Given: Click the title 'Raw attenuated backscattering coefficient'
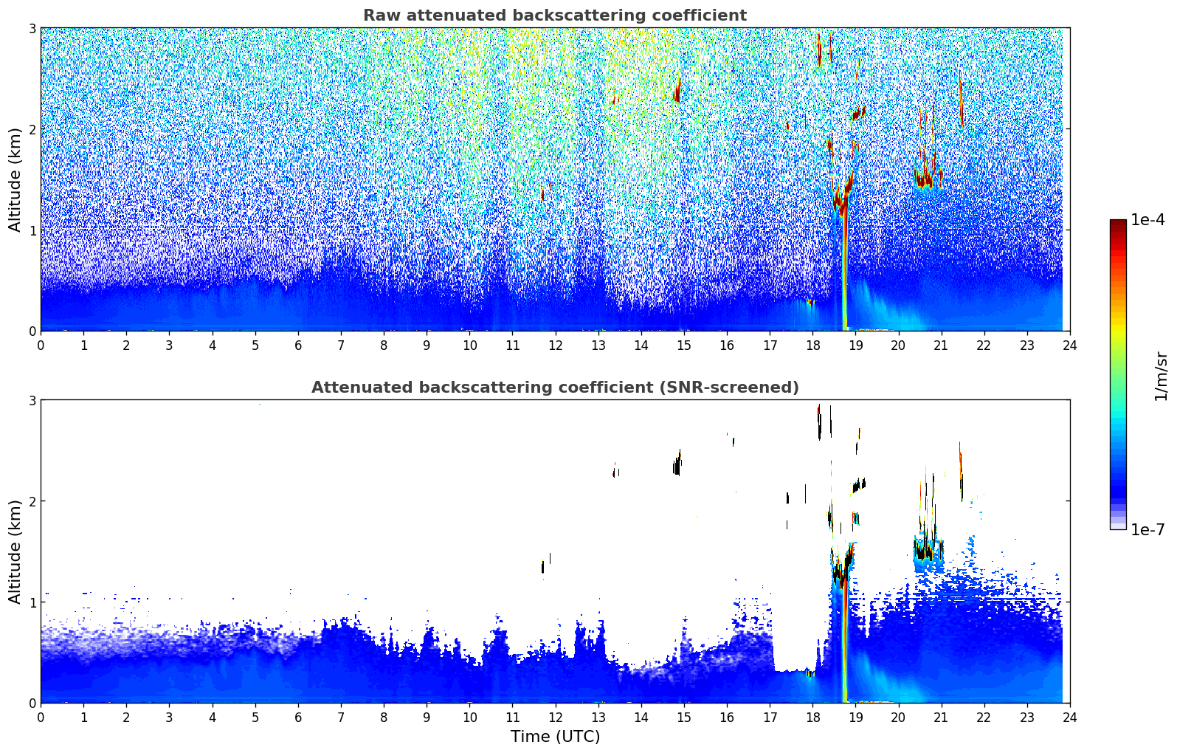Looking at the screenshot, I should pyautogui.click(x=554, y=16).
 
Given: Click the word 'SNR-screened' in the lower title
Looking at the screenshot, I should pyautogui.click(x=740, y=388).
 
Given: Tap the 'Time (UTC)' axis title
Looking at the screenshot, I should pyautogui.click(x=555, y=737).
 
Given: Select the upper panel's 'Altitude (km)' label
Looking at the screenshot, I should pyautogui.click(x=15, y=179).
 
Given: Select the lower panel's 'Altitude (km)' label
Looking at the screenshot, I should pyautogui.click(x=15, y=551).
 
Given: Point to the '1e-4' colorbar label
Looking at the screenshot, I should pyautogui.click(x=1147, y=220).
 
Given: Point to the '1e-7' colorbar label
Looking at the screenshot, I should pyautogui.click(x=1147, y=529).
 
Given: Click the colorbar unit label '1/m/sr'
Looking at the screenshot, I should pyautogui.click(x=1161, y=375).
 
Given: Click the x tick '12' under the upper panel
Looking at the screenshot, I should pyautogui.click(x=555, y=345).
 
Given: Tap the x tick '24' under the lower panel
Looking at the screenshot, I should pyautogui.click(x=1069, y=718).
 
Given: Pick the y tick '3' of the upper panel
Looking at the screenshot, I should pyautogui.click(x=32, y=28).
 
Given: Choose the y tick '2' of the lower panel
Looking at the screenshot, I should pyautogui.click(x=32, y=501).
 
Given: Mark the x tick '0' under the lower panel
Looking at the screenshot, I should pyautogui.click(x=41, y=718).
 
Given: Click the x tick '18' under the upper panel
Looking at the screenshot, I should pyautogui.click(x=812, y=345).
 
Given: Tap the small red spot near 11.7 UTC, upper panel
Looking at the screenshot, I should pyautogui.click(x=542, y=196).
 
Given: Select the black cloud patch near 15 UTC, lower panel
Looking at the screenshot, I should pyautogui.click(x=677, y=466).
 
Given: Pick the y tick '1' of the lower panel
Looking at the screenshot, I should pyautogui.click(x=32, y=602).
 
